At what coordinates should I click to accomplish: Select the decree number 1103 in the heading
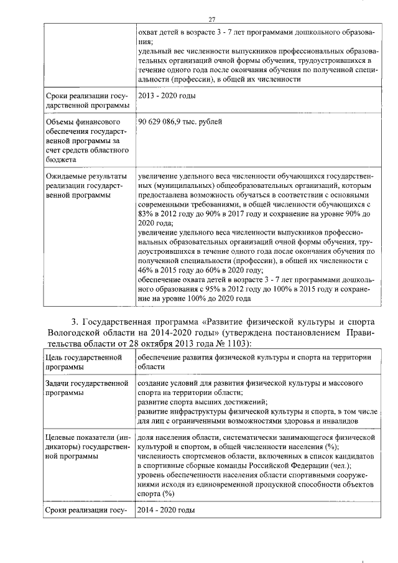pos(234,343)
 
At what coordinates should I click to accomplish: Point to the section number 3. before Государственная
pos(75,322)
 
